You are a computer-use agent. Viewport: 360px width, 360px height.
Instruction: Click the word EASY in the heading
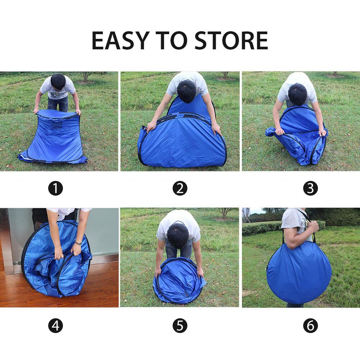120,40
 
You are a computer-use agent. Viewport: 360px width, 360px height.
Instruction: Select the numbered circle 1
56,188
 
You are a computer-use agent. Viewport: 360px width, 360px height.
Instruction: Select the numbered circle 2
180,188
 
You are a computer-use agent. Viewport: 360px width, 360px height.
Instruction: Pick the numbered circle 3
310,188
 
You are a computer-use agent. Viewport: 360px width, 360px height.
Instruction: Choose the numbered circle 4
56,326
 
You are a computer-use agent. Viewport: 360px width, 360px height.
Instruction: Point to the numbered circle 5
180,326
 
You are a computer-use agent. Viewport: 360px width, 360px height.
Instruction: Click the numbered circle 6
310,326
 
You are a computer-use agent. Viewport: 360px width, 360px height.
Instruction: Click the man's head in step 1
58,82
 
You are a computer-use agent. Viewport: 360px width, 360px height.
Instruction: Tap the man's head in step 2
186,91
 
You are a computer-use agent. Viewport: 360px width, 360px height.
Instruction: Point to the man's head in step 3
297,94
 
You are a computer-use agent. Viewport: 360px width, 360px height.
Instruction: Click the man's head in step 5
178,235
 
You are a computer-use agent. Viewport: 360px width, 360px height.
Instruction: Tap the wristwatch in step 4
78,243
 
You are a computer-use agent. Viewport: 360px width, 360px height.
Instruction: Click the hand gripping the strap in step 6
313,227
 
